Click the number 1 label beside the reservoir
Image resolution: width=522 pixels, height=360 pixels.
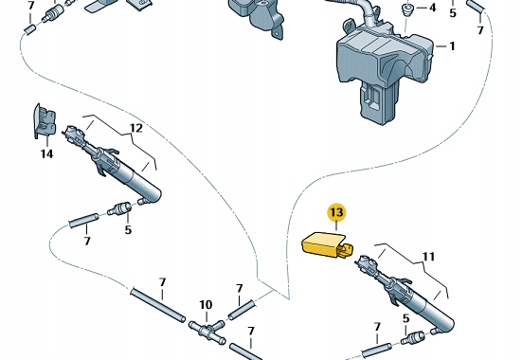click(x=452, y=46)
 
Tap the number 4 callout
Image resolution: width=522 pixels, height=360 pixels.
click(x=432, y=8)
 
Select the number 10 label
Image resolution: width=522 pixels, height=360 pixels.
click(x=206, y=305)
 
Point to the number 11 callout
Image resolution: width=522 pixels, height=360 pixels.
click(x=429, y=257)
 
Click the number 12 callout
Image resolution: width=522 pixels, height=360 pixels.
click(x=136, y=128)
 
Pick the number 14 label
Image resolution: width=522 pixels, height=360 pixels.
click(x=46, y=153)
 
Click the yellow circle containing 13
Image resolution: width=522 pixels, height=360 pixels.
click(x=336, y=212)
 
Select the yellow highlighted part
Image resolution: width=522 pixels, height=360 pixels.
click(x=327, y=247)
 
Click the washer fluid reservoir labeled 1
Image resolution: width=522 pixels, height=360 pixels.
click(x=385, y=72)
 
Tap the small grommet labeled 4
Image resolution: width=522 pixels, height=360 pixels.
click(x=406, y=9)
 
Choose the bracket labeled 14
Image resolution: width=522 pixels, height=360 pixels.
click(x=44, y=120)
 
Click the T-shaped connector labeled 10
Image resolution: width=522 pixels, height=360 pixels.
click(x=207, y=329)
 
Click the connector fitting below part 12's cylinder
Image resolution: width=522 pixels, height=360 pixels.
click(x=119, y=208)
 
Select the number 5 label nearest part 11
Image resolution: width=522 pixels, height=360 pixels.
click(x=405, y=318)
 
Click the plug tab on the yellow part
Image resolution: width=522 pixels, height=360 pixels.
click(x=347, y=250)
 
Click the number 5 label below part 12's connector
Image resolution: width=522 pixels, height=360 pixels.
click(x=128, y=230)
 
